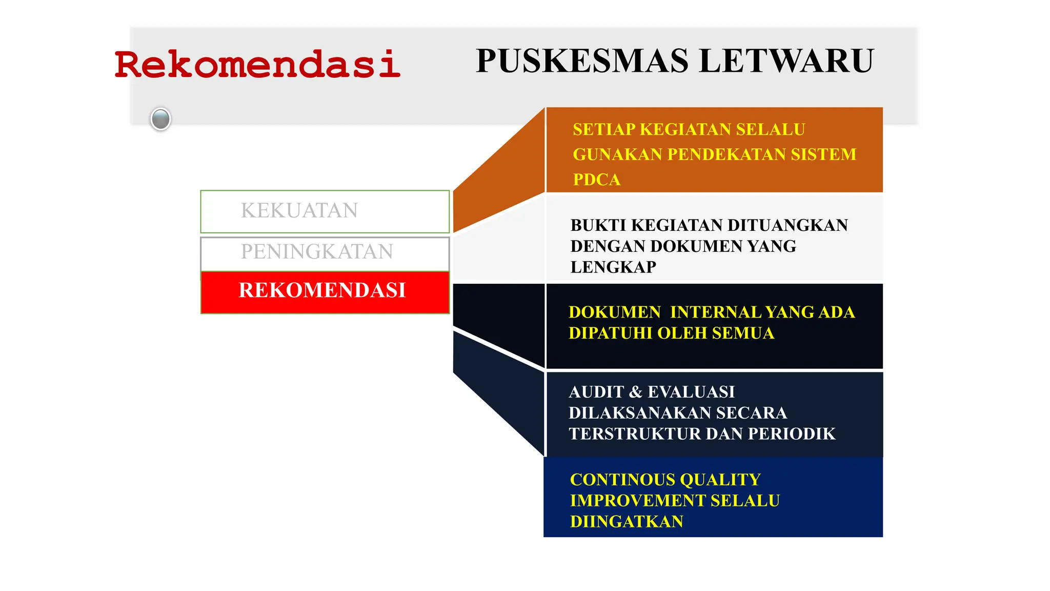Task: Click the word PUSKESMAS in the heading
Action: [582, 61]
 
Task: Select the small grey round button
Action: [160, 119]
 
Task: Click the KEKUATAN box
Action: [325, 211]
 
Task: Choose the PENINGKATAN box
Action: [325, 252]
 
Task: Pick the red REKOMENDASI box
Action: [325, 291]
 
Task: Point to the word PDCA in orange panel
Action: [596, 180]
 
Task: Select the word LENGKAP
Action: [613, 267]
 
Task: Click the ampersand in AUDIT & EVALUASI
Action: [636, 392]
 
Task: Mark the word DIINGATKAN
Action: [627, 522]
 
